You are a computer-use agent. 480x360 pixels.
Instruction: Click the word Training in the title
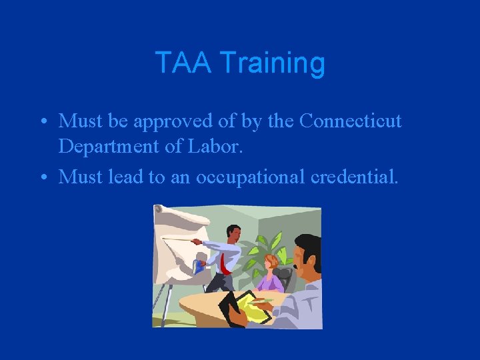coord(272,63)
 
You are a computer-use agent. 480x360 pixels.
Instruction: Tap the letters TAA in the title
coord(183,63)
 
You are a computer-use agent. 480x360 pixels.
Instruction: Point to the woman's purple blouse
coord(270,283)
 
